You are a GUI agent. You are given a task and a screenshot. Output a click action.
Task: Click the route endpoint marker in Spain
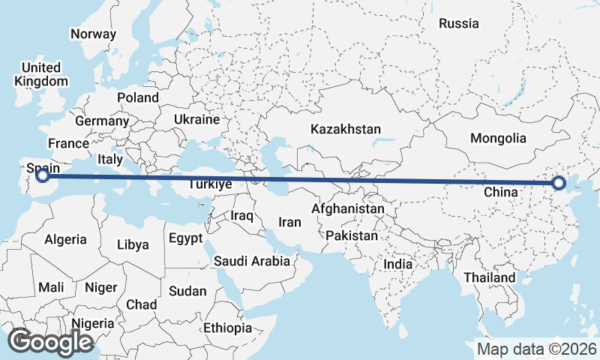[x=43, y=175]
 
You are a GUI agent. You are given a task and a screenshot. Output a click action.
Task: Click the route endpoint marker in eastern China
[x=558, y=182]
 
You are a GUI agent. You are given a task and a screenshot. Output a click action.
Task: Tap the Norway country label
[x=93, y=34]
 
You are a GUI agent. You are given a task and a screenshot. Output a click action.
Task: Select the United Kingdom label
[x=41, y=74]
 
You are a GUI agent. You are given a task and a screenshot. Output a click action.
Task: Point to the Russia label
[x=458, y=23]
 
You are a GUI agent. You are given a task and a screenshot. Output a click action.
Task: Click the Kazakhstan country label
[x=346, y=129]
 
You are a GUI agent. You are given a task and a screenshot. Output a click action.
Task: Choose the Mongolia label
[x=498, y=138]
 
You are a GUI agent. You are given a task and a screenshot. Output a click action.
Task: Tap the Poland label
[x=138, y=97]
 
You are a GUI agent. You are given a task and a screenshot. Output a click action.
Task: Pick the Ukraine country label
[x=196, y=119]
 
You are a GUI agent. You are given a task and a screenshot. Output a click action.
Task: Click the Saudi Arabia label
[x=251, y=261]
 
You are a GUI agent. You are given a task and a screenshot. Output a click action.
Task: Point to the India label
[x=397, y=264]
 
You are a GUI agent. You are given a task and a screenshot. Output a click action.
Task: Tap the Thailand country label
[x=489, y=277]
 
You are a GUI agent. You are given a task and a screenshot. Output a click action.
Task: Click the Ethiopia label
[x=227, y=328]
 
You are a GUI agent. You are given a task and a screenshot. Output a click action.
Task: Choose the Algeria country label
[x=65, y=240]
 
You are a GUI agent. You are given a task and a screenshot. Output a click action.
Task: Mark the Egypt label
[x=185, y=238]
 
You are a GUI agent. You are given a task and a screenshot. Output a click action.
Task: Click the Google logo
[x=50, y=342]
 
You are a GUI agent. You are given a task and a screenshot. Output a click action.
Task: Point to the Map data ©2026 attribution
[x=536, y=349]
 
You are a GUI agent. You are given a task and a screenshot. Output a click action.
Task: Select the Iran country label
[x=289, y=222]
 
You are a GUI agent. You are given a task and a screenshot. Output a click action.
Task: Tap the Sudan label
[x=183, y=291]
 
